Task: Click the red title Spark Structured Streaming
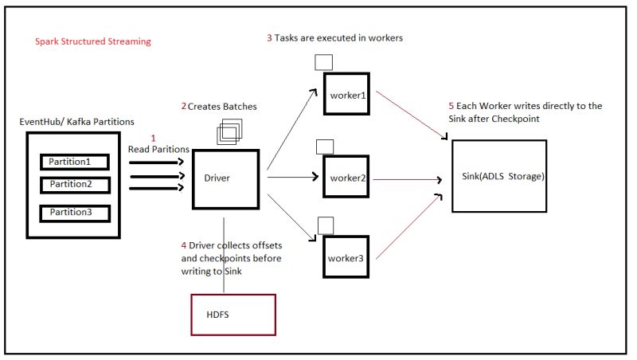pos(92,41)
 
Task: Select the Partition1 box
pos(76,162)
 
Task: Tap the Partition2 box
pos(76,185)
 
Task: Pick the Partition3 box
pos(76,213)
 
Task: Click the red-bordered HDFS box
pos(233,314)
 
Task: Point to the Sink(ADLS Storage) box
pos(499,176)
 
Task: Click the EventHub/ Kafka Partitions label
pos(76,121)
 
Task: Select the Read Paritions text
pos(158,149)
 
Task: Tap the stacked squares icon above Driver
pos(229,131)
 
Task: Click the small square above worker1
pos(323,62)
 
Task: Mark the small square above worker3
pos(324,225)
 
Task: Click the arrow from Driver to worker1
pos(291,128)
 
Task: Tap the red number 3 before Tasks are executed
pos(269,37)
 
